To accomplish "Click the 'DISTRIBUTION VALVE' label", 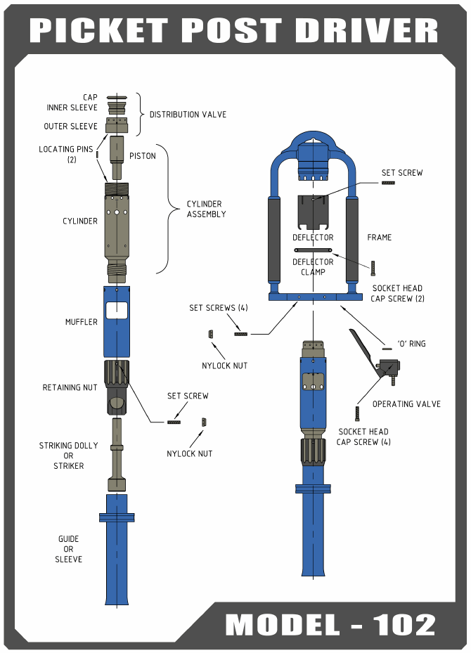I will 188,114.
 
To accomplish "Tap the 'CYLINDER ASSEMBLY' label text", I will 206,209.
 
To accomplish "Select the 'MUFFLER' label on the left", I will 82,323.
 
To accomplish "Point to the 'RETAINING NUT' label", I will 70,387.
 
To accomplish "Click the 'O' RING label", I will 412,344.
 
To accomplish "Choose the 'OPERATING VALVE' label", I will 406,403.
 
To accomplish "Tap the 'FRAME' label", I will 379,238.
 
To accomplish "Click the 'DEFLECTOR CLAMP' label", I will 313,267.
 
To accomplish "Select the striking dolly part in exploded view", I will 117,453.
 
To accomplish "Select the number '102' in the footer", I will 404,625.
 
